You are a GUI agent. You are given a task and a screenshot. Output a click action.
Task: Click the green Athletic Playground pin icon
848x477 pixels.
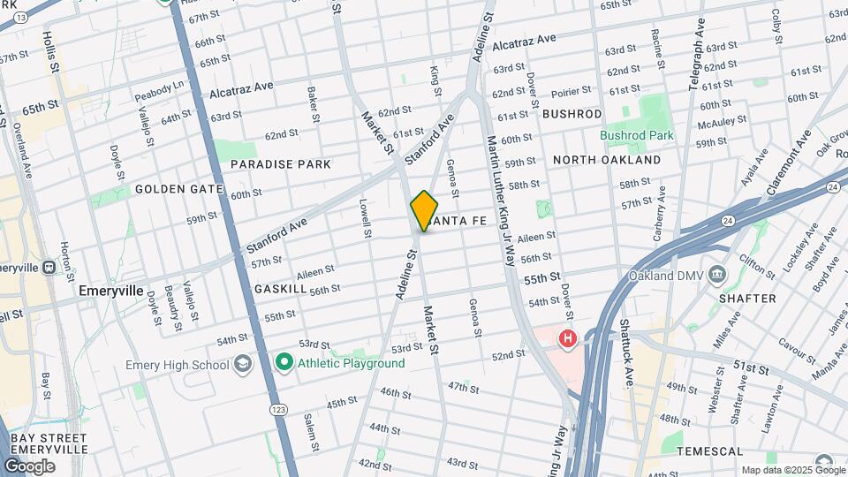284,362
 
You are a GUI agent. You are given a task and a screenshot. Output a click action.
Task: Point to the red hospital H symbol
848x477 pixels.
567,338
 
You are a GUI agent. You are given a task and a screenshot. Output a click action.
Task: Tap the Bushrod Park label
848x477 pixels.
637,135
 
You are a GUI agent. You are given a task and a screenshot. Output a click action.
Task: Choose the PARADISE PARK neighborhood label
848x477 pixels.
281,164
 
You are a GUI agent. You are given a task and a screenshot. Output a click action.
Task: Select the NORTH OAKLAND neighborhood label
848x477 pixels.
606,160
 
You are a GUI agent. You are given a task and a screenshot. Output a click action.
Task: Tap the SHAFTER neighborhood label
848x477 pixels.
747,299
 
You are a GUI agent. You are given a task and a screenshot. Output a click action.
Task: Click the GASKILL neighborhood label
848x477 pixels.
280,289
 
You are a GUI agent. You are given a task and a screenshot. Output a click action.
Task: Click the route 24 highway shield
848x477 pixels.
832,187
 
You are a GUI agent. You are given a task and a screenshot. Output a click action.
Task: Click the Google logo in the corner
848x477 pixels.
29,466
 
